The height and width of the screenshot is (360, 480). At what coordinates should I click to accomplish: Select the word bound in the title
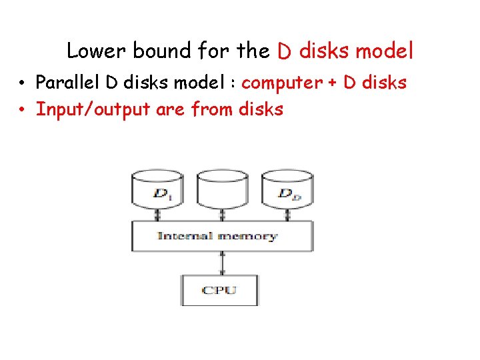pos(157,51)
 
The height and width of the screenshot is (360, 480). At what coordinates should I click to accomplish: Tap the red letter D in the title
pos(283,51)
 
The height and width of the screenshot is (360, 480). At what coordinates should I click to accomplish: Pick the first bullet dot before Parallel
pos(22,84)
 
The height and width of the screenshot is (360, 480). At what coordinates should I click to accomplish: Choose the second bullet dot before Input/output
pos(22,109)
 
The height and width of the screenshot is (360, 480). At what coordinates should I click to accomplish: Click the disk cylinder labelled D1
pos(158,190)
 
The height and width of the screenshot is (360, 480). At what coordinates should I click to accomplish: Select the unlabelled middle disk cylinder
pos(222,190)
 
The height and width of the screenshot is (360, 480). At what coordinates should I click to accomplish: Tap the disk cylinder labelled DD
pos(287,190)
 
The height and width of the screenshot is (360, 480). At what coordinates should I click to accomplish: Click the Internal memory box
pos(222,236)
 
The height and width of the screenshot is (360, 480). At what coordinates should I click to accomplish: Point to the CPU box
pos(220,289)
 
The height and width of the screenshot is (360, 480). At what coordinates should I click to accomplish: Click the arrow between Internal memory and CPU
pos(222,263)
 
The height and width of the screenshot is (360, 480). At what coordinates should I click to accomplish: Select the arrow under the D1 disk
pos(158,215)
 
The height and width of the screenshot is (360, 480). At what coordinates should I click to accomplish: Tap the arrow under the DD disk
pos(287,215)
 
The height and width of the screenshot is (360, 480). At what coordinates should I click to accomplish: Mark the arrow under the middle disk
pos(222,215)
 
